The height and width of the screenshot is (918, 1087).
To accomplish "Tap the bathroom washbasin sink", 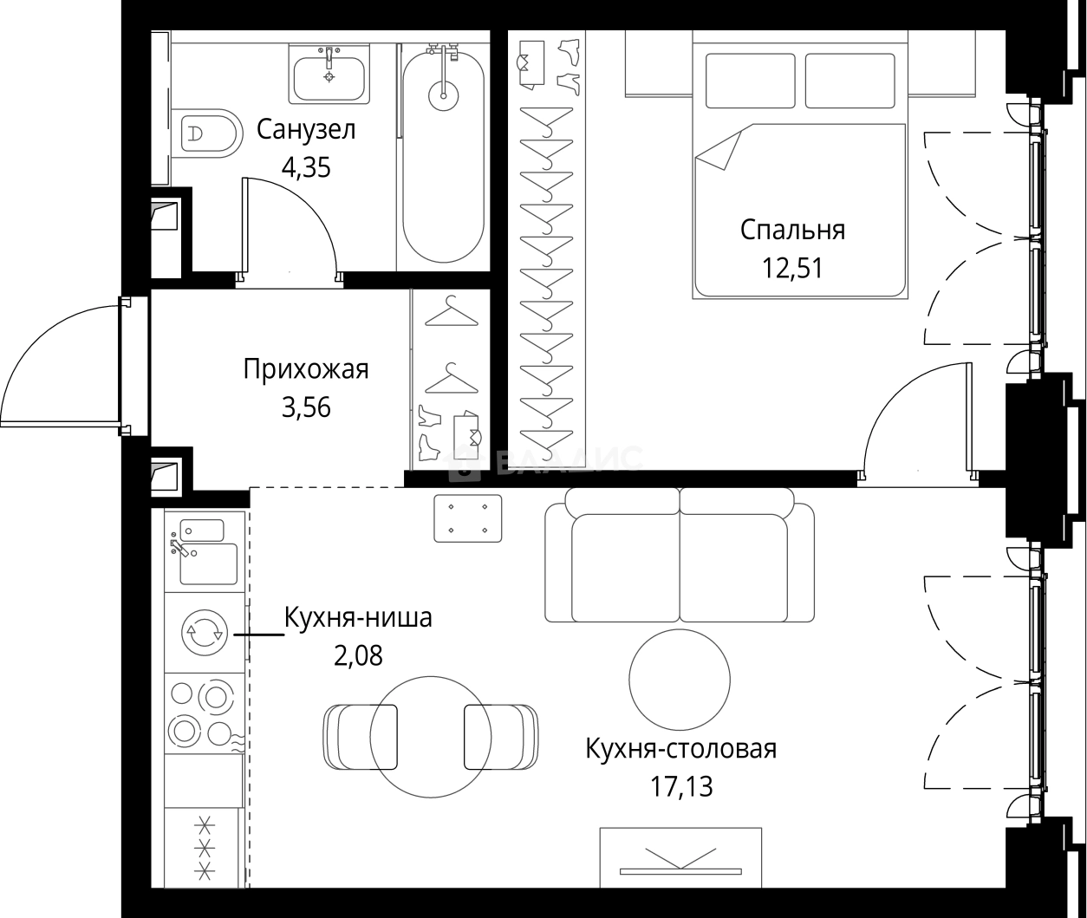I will click(329, 76).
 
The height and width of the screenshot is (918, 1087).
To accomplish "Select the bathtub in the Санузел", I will click(444, 156).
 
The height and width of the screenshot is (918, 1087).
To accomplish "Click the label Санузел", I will click(306, 130).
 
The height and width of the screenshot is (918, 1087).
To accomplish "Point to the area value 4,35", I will click(305, 166).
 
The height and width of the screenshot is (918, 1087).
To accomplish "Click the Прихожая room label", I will click(305, 369).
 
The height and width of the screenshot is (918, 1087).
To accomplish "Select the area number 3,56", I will click(305, 407).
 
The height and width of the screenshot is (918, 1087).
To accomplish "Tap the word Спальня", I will click(792, 230).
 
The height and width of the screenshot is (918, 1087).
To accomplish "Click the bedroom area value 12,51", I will click(792, 267).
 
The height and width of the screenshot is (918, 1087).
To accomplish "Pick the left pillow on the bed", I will click(750, 81).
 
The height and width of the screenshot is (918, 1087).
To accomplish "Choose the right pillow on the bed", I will click(849, 81).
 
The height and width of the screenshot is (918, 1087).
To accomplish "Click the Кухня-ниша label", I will click(358, 619).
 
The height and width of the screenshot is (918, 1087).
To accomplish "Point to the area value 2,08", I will click(358, 655).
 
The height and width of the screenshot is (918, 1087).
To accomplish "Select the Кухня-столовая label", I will click(680, 749).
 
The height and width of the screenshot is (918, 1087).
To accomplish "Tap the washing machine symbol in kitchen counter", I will click(204, 633).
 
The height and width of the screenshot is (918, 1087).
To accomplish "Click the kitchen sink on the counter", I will click(207, 563).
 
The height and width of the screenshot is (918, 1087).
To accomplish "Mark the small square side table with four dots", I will click(468, 518).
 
